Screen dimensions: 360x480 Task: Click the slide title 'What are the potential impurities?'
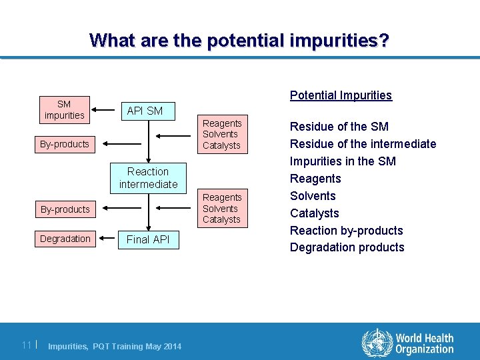(x=239, y=41)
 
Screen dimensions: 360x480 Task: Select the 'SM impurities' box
(x=64, y=109)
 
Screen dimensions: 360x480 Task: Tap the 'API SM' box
(x=145, y=111)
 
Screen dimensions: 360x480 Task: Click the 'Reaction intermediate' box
(x=148, y=178)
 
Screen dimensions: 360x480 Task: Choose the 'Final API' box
(x=148, y=239)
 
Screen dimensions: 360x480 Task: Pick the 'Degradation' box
(x=65, y=239)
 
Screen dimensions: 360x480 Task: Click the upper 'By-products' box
(x=65, y=144)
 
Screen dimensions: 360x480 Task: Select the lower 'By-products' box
(x=65, y=209)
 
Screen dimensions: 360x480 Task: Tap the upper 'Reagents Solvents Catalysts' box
(x=222, y=134)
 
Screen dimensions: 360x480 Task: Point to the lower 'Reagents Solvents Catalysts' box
(x=222, y=208)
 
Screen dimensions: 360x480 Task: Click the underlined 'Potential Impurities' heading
(x=341, y=95)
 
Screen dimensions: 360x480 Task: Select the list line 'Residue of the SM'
(x=339, y=127)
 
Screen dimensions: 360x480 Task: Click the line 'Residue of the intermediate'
(x=363, y=144)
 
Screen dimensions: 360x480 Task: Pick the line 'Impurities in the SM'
(x=343, y=161)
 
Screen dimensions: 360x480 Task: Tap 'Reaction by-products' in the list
(x=346, y=231)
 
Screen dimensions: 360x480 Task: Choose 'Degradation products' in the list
(x=347, y=247)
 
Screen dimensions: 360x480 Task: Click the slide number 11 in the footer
(x=27, y=345)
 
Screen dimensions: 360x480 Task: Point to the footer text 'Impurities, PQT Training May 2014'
(x=115, y=346)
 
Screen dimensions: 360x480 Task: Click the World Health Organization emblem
(x=377, y=343)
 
